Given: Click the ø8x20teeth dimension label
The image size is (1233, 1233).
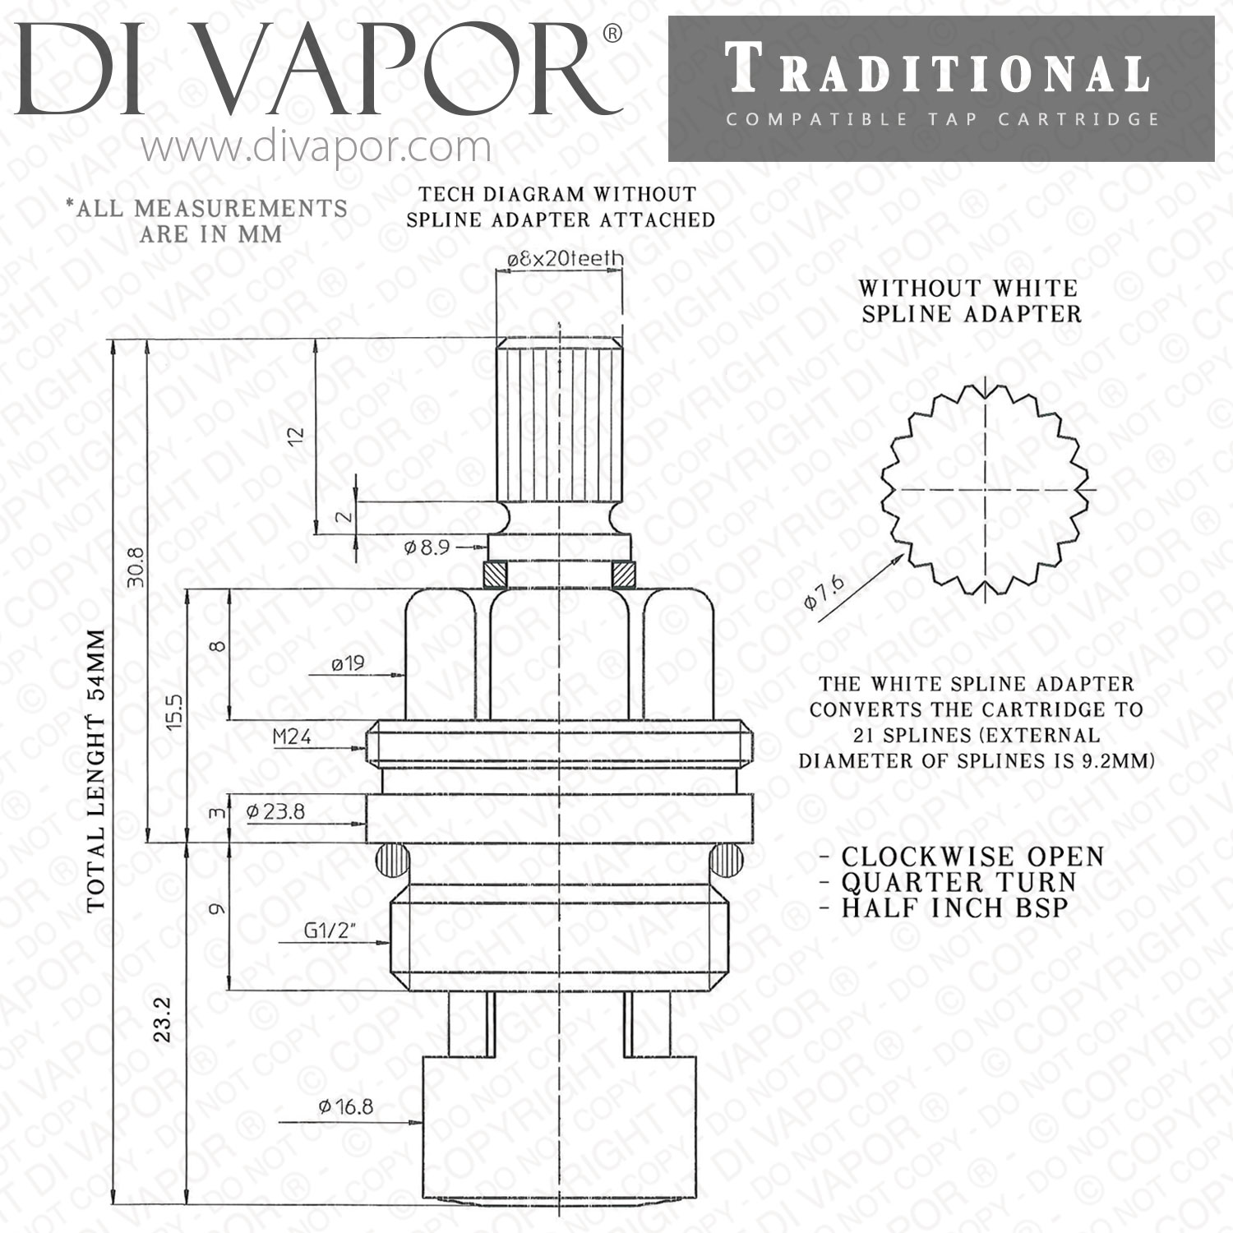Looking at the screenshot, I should [564, 259].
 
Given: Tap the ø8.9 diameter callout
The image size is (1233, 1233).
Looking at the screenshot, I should [427, 547].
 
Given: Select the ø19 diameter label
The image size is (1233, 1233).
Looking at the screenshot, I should [348, 663].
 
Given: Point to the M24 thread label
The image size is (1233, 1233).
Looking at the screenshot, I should [292, 737].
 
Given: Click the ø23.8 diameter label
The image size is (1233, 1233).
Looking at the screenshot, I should [275, 811].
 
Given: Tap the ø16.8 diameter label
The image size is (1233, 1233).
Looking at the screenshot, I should [345, 1106].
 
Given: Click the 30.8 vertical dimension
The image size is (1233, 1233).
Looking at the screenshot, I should [136, 567].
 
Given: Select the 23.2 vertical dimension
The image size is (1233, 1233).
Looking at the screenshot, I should [163, 1019].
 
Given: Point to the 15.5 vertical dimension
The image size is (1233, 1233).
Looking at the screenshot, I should [174, 712].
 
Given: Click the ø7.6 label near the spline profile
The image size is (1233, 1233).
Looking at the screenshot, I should [824, 593].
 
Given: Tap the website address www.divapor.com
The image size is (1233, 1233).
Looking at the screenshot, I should [316, 148].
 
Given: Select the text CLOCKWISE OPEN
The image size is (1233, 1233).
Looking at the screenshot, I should [972, 857].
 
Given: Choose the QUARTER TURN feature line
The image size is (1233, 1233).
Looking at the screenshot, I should [958, 882].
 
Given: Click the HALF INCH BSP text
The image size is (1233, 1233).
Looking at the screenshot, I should [954, 908].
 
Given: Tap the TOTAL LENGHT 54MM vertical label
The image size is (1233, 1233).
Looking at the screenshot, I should [96, 770].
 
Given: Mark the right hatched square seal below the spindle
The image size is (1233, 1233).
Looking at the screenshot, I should [625, 573].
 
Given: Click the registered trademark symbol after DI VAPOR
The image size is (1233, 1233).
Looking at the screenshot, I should [612, 35].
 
